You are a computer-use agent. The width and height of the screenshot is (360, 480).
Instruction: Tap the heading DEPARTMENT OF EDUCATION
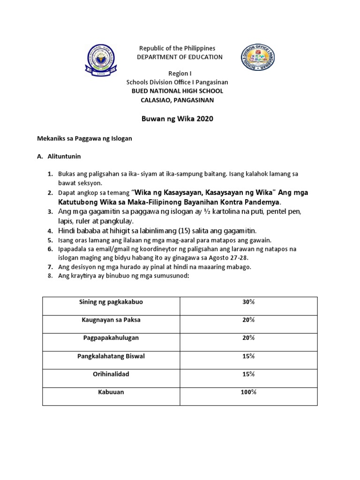tap(180, 57)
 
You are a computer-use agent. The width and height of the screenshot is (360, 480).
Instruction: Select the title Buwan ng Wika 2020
tap(177, 119)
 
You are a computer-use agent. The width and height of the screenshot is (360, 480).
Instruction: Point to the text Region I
tap(180, 74)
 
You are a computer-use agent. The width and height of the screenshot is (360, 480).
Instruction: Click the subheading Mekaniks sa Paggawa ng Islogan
tap(84, 139)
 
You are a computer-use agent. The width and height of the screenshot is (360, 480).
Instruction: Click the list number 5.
tap(50, 240)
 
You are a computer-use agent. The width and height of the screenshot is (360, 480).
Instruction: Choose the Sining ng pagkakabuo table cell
tap(111, 302)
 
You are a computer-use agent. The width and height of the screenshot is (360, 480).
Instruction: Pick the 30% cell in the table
tap(248, 302)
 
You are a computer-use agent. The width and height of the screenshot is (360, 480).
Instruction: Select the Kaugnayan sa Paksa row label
tap(111, 320)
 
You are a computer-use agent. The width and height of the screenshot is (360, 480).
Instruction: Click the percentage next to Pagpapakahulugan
tap(248, 338)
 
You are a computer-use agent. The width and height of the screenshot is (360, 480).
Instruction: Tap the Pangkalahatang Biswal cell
tap(111, 356)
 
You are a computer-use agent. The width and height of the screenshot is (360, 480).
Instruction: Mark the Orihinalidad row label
tap(111, 374)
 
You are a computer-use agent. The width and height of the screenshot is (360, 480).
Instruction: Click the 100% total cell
tap(248, 392)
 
